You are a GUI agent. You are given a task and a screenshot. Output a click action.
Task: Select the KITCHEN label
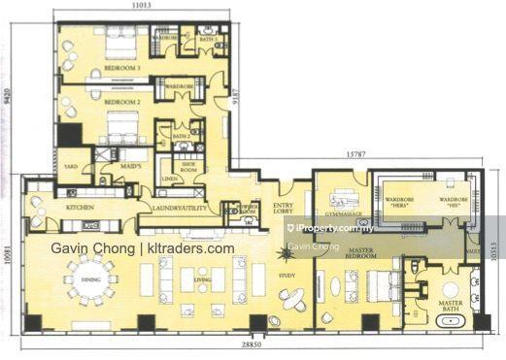pos(78,208)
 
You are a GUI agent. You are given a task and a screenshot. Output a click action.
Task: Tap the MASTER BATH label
pos(450,307)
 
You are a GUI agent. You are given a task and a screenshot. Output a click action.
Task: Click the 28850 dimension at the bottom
pos(253,346)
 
